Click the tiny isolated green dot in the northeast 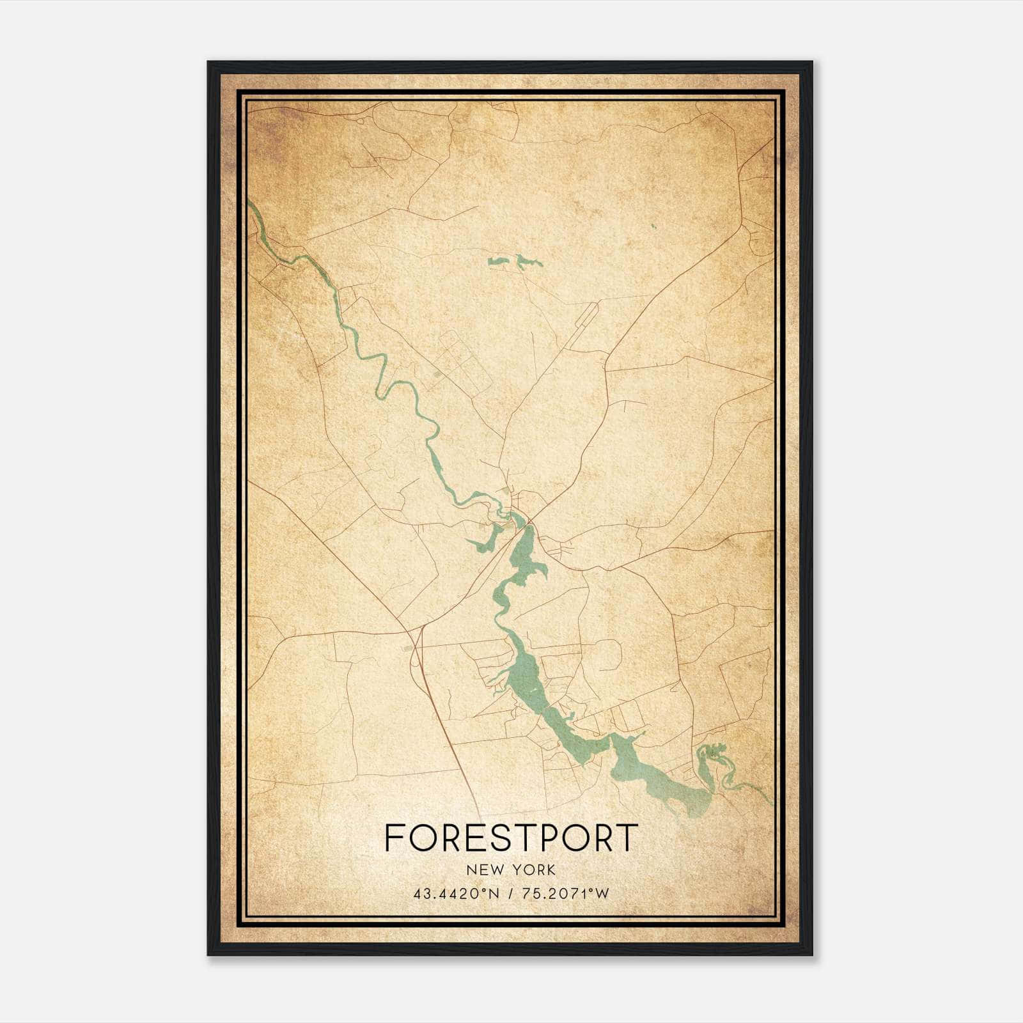click(653, 226)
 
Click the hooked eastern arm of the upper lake click(540, 571)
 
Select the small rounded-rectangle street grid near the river click(460, 362)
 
